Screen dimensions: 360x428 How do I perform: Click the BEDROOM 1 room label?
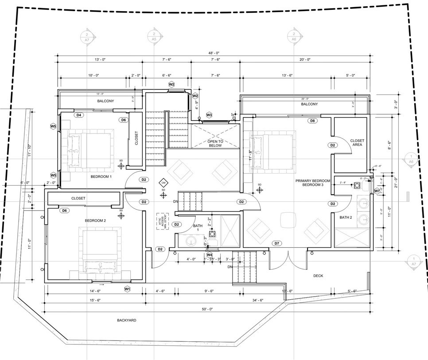101,176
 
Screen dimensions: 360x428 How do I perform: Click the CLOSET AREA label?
357,142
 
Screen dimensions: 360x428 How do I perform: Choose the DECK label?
318,276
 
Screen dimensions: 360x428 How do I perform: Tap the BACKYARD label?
127,320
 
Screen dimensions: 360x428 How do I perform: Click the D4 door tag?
79,115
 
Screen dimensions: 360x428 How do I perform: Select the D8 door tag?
312,121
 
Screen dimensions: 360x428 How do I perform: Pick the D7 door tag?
276,243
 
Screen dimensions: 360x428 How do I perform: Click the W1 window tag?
128,289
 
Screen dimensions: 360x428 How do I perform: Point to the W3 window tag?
209,115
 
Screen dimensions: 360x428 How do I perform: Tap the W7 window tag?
377,191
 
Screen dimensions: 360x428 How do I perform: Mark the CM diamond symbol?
163,183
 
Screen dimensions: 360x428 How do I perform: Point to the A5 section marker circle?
154,36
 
